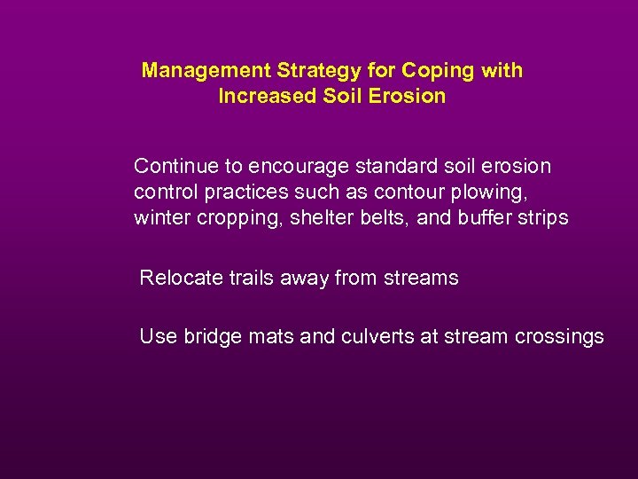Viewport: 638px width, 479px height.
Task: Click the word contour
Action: pos(404,192)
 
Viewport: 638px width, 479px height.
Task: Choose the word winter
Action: pos(161,217)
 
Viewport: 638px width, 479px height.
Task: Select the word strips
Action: pos(544,218)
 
